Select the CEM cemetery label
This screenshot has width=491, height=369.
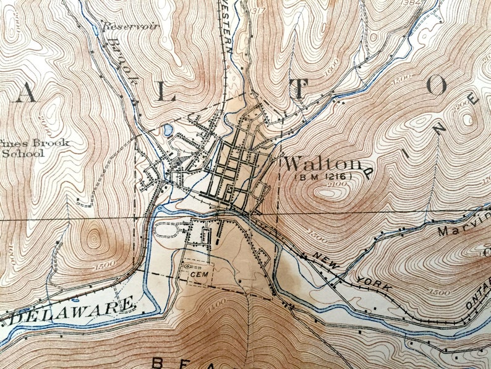click(197, 273)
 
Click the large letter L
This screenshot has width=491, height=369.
click(162, 90)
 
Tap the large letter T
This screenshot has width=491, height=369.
click(299, 90)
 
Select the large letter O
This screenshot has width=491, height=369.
click(436, 86)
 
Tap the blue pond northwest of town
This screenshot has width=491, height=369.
click(167, 130)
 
